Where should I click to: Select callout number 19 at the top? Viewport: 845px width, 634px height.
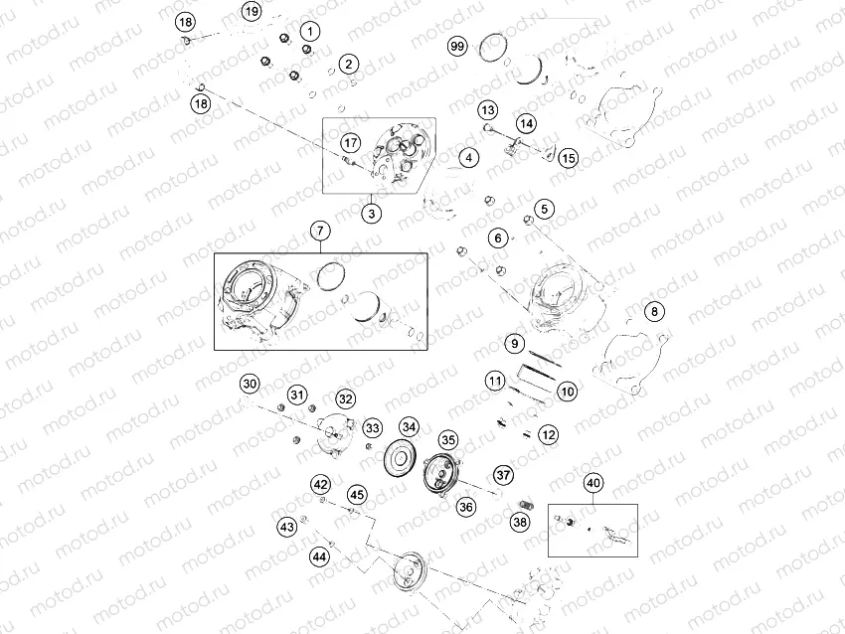252,12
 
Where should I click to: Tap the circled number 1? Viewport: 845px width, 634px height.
310,32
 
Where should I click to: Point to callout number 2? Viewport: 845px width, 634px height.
347,65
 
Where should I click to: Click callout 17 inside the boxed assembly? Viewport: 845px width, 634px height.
350,141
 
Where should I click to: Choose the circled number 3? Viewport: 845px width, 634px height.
371,213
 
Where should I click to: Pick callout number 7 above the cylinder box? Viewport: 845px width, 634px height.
319,232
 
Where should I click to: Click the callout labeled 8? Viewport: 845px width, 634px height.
653,312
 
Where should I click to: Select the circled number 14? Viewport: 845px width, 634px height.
525,124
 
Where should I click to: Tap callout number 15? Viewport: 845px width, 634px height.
568,158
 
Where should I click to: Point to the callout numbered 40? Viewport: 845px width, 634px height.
593,484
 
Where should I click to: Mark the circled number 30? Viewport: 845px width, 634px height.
250,384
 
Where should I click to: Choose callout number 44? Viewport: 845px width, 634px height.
319,556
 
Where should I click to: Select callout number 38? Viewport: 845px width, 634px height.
520,522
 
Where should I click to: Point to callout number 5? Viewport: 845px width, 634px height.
544,209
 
